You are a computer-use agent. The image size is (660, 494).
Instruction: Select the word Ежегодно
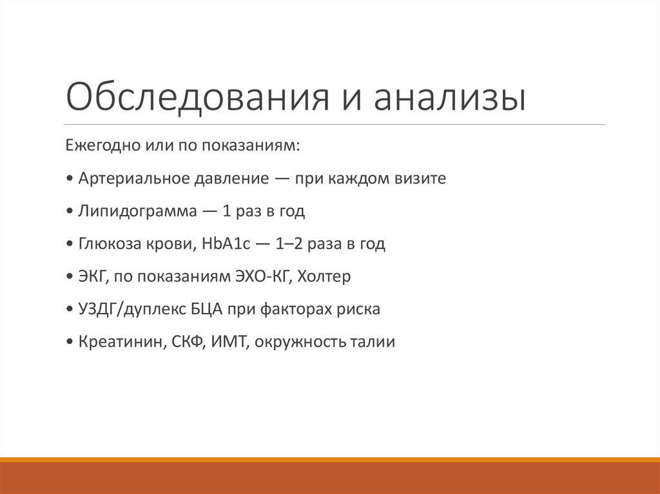pyautogui.click(x=96, y=144)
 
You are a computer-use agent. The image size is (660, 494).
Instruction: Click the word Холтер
pyautogui.click(x=327, y=276)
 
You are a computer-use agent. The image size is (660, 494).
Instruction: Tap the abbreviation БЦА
pyautogui.click(x=206, y=309)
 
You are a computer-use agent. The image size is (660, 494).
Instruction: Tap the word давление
pyautogui.click(x=230, y=178)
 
